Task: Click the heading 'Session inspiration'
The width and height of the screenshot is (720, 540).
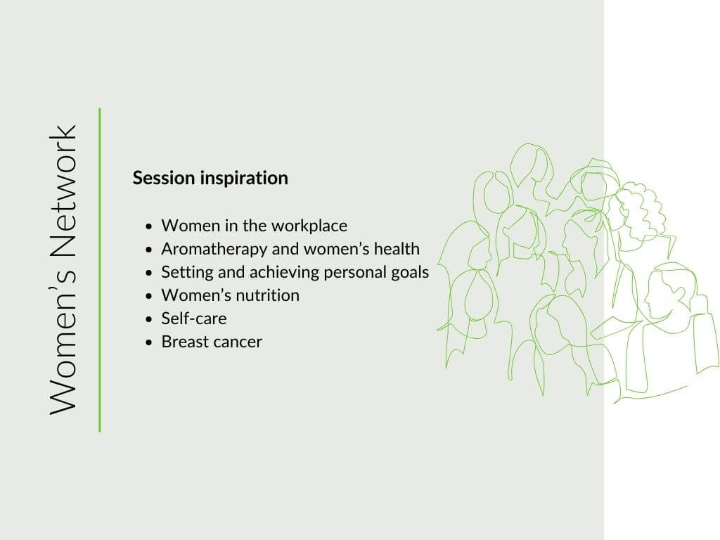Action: [210, 178]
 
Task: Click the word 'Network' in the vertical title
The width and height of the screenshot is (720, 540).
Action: [63, 191]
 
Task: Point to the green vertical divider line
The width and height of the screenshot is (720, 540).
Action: [100, 270]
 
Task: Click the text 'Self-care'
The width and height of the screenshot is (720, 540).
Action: [194, 319]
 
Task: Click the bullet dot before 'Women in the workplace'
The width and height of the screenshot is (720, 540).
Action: [148, 226]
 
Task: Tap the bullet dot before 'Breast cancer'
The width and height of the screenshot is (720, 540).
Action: [148, 342]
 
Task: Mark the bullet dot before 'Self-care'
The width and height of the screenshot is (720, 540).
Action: [148, 319]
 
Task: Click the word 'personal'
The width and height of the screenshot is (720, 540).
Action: [355, 273]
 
